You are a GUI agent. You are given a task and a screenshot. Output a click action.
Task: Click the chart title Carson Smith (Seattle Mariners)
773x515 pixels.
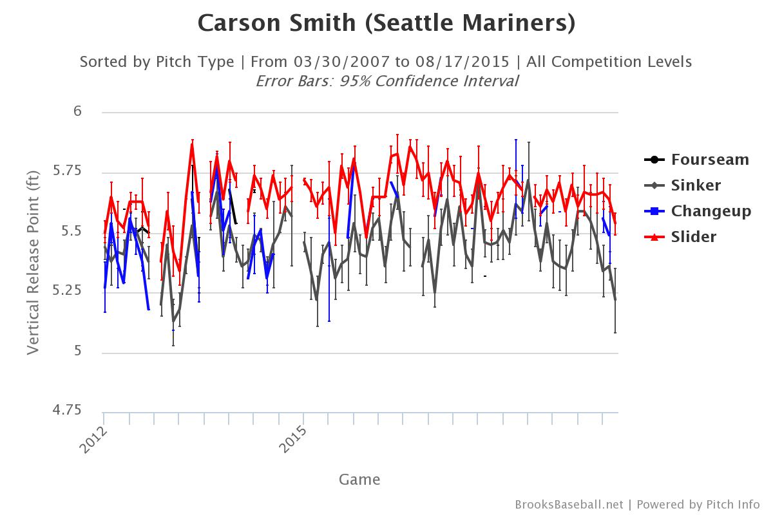click(386, 23)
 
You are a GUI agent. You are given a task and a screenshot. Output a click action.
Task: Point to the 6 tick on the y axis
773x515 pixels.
click(78, 111)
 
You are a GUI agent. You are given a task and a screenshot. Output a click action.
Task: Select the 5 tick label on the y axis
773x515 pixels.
click(78, 351)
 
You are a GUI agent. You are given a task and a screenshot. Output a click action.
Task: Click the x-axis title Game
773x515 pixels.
click(359, 480)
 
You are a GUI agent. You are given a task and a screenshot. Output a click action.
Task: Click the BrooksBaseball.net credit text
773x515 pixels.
click(569, 505)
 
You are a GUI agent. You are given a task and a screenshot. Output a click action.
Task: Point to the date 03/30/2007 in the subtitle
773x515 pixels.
click(341, 62)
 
